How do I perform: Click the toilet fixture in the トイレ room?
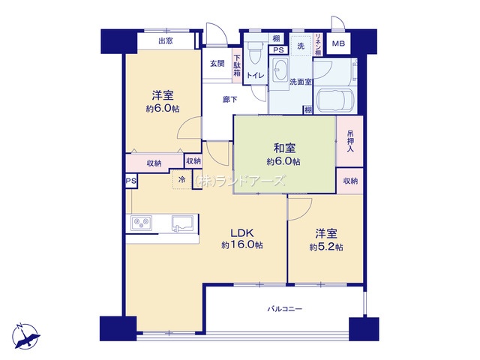pos(253,54)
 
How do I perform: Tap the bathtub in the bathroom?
pos(336,101)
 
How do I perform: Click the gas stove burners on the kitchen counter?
pos(142,223)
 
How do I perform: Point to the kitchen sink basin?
pos(182,223)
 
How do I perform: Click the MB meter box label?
pos(338,43)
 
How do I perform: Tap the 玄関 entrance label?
pos(217,64)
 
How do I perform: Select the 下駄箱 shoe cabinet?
pos(237,65)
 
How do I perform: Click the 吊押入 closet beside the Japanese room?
pos(350,141)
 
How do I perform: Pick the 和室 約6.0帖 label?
pos(283,154)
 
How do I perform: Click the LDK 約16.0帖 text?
pos(241,239)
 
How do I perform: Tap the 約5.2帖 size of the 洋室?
pos(326,247)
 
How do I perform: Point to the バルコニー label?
pos(285,309)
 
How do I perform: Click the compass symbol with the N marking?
pos(26,336)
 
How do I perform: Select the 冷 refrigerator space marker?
pos(182,179)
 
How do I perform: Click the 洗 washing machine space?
pos(301,46)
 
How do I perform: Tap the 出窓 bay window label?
pos(165,40)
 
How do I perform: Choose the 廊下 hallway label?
pos(229,100)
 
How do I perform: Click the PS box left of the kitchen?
pos(131,181)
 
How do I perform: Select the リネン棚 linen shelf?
pos(318,45)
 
